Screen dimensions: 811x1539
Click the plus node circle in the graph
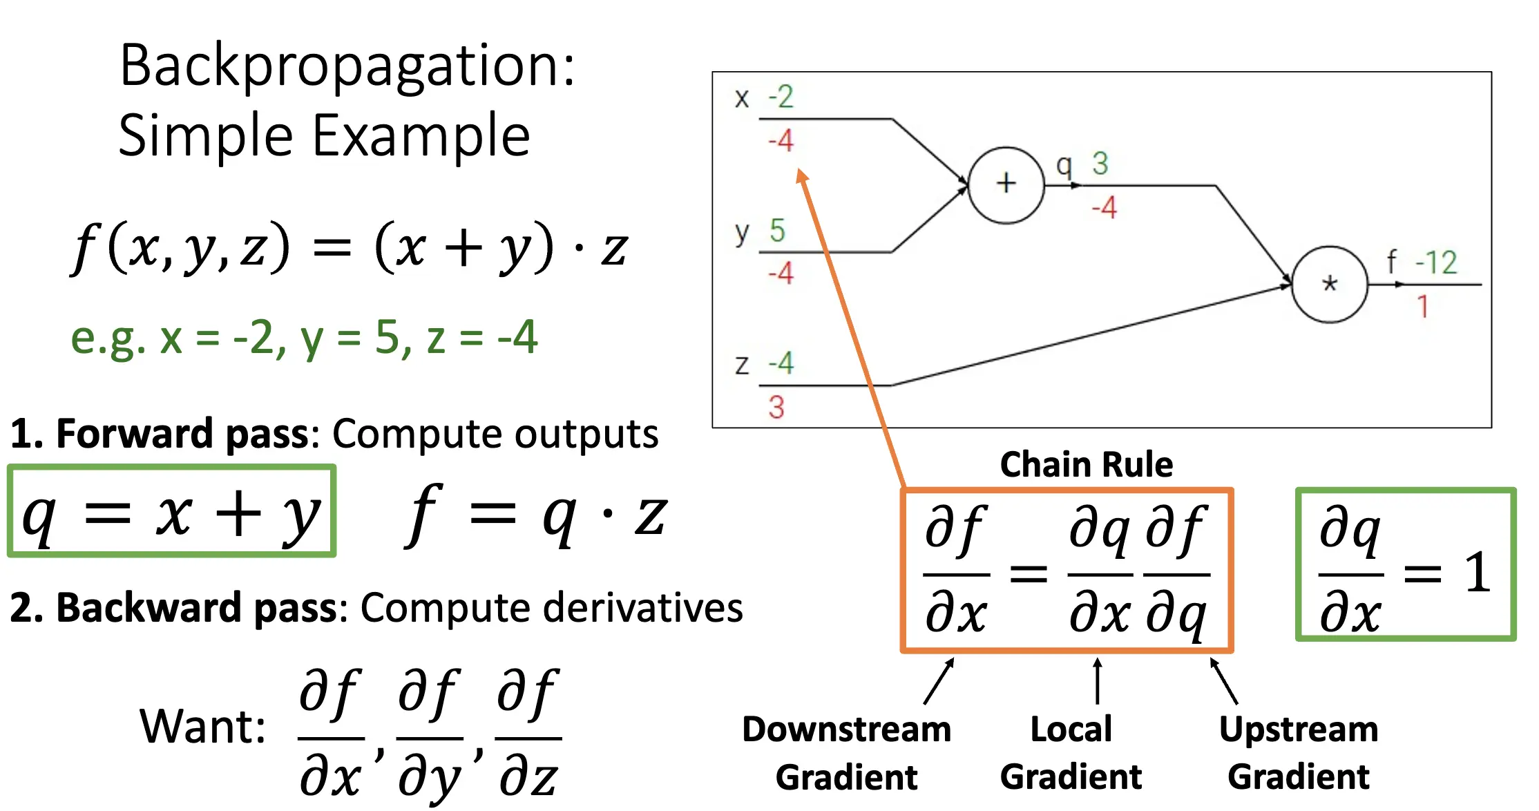click(1006, 184)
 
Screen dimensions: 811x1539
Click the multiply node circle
click(1329, 284)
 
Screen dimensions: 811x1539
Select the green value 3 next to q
click(1100, 164)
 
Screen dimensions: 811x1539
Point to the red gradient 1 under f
click(1422, 306)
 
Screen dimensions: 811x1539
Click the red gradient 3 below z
click(776, 407)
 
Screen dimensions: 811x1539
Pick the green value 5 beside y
click(777, 230)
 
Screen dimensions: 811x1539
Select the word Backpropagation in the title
click(347, 66)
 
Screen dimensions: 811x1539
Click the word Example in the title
click(421, 135)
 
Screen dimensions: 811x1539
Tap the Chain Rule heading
click(1086, 464)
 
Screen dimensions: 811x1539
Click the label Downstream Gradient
click(846, 752)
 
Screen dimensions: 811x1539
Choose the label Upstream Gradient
click(1298, 752)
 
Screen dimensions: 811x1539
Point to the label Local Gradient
click(1071, 752)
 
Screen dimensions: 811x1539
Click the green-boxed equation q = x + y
click(171, 513)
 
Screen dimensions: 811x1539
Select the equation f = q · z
click(535, 515)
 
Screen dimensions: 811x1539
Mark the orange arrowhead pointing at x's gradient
click(802, 176)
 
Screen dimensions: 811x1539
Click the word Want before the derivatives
click(202, 727)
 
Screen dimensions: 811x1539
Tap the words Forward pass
click(182, 434)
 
